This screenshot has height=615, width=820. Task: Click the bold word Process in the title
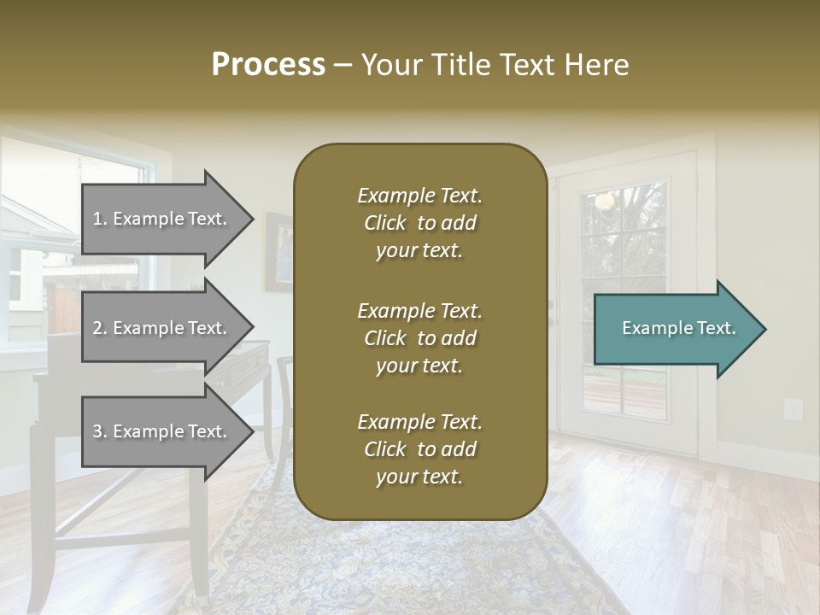tap(268, 65)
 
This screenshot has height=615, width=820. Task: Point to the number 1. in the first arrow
tap(100, 219)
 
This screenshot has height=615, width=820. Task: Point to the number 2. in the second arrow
tap(100, 328)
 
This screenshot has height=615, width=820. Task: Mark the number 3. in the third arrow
tap(100, 431)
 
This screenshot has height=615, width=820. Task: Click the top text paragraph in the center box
tap(419, 223)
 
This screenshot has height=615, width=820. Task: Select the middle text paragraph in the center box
tap(419, 338)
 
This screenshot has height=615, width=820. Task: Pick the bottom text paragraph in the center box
tap(419, 449)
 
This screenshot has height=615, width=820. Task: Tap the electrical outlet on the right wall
tap(794, 409)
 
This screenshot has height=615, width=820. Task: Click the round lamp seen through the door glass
tap(606, 202)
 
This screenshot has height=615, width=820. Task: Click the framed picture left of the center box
tap(278, 252)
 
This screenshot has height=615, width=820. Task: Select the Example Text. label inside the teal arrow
tap(678, 328)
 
